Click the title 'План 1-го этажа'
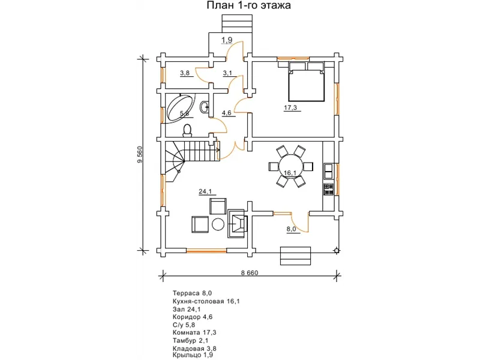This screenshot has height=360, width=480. click(248, 5)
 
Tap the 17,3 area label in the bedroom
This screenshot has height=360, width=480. click(290, 108)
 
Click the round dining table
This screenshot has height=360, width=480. click(290, 167)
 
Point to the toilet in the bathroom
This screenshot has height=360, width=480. click(187, 130)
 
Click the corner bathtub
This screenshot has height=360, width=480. click(180, 109)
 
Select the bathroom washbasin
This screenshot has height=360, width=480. click(205, 107)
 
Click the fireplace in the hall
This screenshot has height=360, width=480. click(237, 223)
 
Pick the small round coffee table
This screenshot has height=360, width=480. click(218, 224)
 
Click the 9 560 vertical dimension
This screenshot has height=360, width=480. click(140, 155)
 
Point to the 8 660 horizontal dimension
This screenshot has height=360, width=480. click(250, 273)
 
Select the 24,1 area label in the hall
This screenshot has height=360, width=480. click(205, 192)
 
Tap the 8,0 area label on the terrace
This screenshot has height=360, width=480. click(292, 229)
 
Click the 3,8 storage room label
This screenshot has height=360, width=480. click(185, 73)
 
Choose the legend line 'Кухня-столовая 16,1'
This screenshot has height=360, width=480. click(206, 302)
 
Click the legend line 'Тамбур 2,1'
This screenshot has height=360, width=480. click(190, 340)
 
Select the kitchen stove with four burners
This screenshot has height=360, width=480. click(328, 190)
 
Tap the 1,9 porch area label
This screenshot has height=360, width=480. click(227, 40)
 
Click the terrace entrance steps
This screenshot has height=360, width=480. click(295, 256)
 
